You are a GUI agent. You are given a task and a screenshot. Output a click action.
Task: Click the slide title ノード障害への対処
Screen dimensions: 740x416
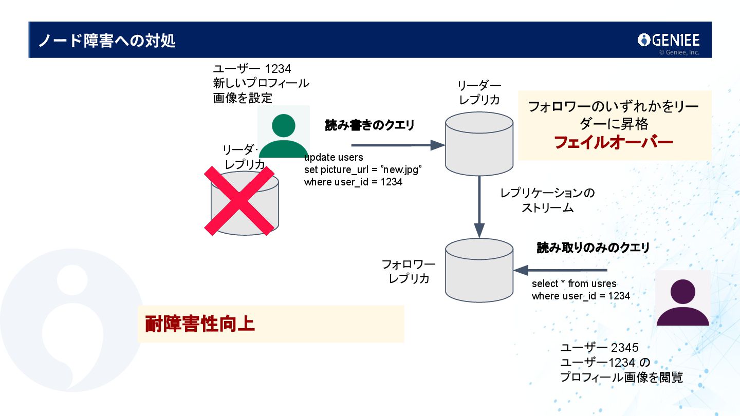pos(107,41)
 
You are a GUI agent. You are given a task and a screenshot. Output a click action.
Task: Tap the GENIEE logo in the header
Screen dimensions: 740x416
pos(669,40)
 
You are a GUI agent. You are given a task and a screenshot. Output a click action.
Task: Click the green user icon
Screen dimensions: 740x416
pos(284,135)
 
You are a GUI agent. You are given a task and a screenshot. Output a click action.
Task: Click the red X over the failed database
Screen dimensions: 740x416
pos(239,201)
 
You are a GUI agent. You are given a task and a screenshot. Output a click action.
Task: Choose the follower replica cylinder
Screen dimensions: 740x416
pos(479,270)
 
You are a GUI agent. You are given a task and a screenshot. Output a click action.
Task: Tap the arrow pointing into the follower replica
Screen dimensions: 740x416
pos(560,270)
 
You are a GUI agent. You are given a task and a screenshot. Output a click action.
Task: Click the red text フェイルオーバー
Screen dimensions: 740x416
pos(614,142)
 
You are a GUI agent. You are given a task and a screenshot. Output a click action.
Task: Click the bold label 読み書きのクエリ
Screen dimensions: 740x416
pos(369,125)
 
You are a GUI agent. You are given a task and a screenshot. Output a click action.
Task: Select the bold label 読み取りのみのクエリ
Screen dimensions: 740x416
pos(593,248)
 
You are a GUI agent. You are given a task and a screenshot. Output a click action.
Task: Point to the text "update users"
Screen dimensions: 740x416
pos(334,157)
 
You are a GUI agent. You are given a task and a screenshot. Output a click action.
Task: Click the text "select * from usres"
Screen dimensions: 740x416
pos(574,283)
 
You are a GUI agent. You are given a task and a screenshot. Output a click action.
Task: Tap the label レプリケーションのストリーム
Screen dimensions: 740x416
pos(547,200)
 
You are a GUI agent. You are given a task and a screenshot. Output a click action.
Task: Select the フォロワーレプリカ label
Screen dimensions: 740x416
pos(409,272)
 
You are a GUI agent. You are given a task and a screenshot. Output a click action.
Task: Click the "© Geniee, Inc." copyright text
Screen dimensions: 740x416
pos(679,52)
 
